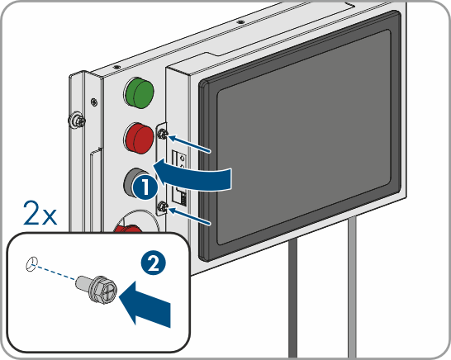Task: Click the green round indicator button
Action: point(139,92)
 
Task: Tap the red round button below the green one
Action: point(139,138)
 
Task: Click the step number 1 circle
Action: point(145,187)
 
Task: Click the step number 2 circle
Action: point(154,263)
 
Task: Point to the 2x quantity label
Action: point(40,213)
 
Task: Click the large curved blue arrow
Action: point(192,175)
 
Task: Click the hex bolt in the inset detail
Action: point(97,288)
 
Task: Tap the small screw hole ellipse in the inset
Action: point(31,264)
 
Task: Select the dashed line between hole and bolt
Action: point(57,272)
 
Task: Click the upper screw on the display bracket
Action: point(163,134)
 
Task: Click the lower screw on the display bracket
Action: point(162,206)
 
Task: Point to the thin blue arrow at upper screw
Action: point(189,144)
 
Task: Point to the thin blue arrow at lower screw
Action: point(189,216)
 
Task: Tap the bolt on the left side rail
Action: point(76,121)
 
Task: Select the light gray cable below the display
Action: point(352,287)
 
